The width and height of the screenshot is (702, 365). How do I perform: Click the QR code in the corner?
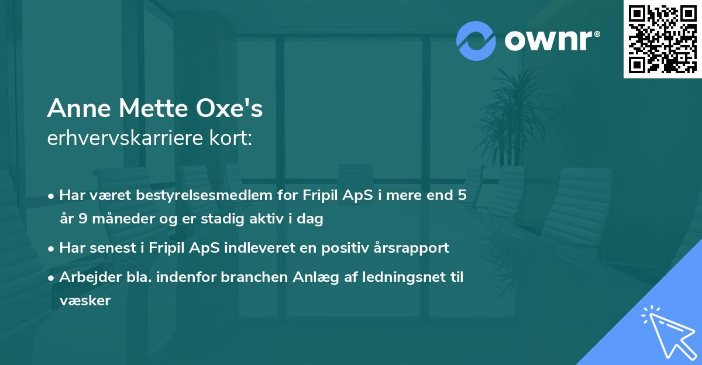(662, 39)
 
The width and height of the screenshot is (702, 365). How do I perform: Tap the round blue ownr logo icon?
(476, 41)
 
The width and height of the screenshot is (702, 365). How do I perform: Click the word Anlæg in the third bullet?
(308, 277)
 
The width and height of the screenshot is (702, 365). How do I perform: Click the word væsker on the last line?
(85, 301)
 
